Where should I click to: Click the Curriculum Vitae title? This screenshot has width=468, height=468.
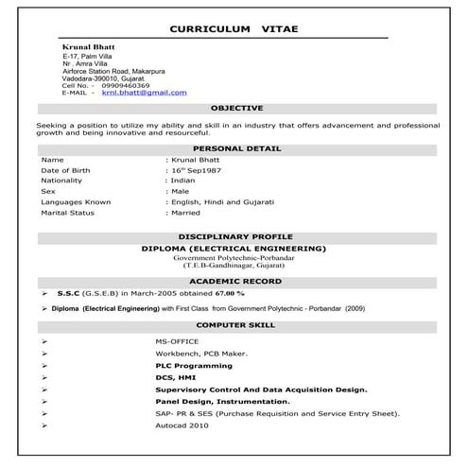[x=234, y=29]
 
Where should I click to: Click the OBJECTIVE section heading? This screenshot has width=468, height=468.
[x=236, y=109]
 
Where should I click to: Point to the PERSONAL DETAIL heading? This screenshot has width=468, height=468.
[x=236, y=148]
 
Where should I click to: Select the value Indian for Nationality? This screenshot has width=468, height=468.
[x=182, y=180]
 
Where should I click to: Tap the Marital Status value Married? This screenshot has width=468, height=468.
[x=185, y=213]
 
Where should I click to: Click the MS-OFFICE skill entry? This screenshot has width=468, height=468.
[x=177, y=340]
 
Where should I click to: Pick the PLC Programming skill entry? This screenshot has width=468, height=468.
[x=194, y=365]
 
